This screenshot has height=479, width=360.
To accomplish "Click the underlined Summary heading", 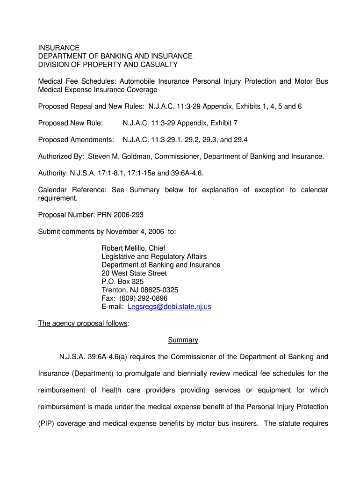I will pos(183,340).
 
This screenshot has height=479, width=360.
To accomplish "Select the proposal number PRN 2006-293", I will pos(120,215).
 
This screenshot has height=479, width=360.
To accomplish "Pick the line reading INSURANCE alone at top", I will pos(58,48).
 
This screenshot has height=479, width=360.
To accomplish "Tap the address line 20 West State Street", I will pos(134,273).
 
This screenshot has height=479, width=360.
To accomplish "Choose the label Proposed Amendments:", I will pos(76,140).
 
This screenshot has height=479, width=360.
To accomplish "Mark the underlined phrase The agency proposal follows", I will pos(82,323).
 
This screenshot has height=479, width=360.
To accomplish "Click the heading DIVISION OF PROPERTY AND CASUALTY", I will pos(108,65).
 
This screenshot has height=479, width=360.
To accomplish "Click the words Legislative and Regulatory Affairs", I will pos(154,256).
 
